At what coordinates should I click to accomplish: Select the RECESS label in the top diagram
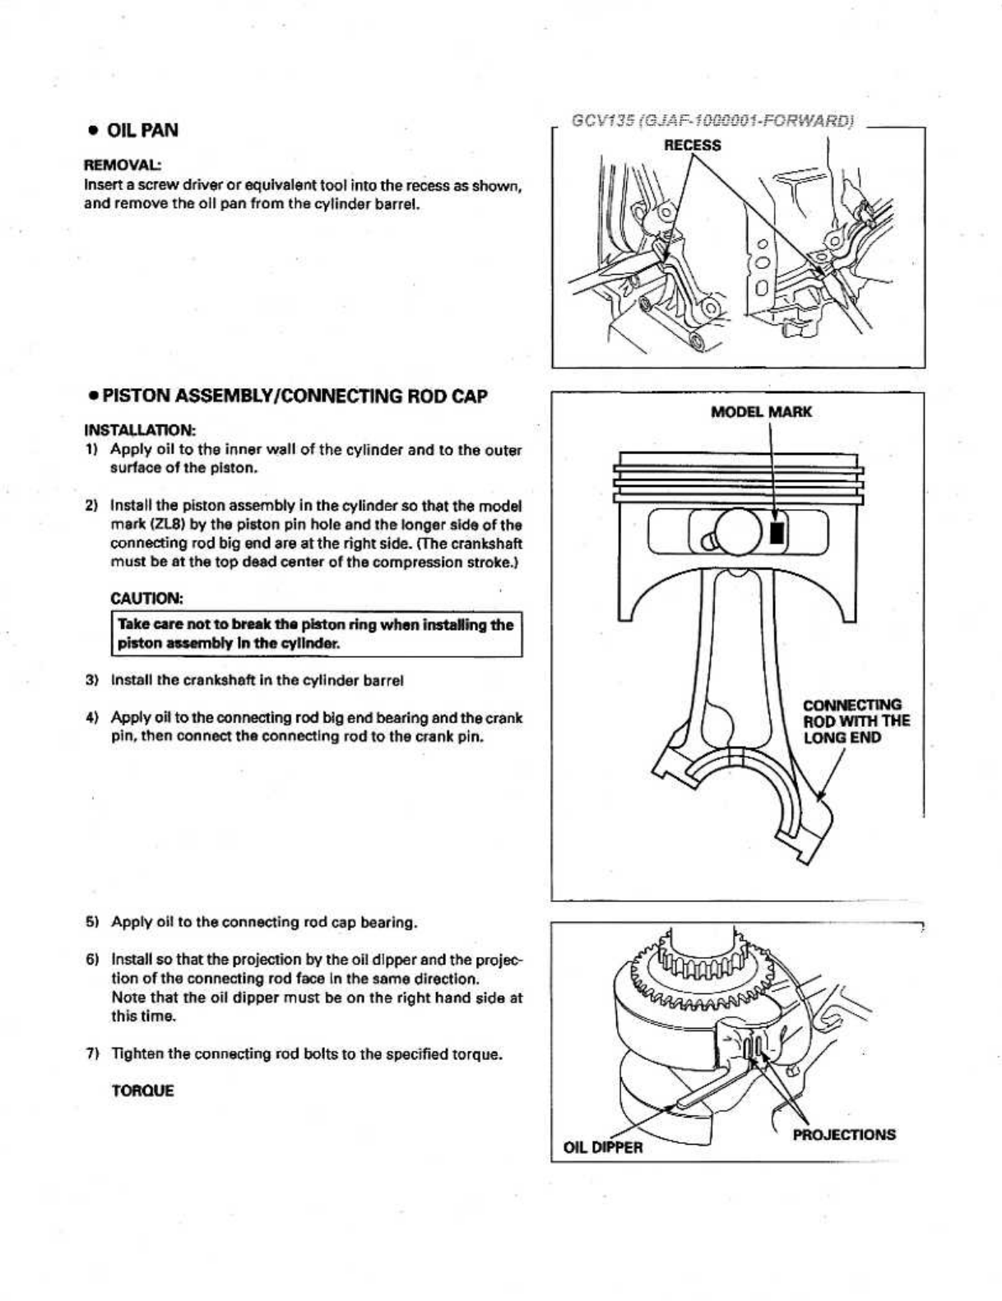pyautogui.click(x=692, y=146)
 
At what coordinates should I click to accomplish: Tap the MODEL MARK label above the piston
pyautogui.click(x=760, y=411)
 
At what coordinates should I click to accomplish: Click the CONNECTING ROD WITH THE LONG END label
pyautogui.click(x=856, y=721)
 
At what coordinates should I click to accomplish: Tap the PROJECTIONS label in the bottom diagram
pyautogui.click(x=844, y=1134)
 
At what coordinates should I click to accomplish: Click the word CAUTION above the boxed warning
pyautogui.click(x=146, y=597)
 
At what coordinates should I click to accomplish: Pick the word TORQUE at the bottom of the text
pyautogui.click(x=142, y=1091)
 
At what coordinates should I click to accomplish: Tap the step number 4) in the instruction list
pyautogui.click(x=93, y=718)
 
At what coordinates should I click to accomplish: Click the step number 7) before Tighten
pyautogui.click(x=93, y=1054)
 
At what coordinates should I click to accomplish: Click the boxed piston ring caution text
pyautogui.click(x=316, y=634)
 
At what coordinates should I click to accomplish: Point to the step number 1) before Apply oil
pyautogui.click(x=93, y=450)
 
